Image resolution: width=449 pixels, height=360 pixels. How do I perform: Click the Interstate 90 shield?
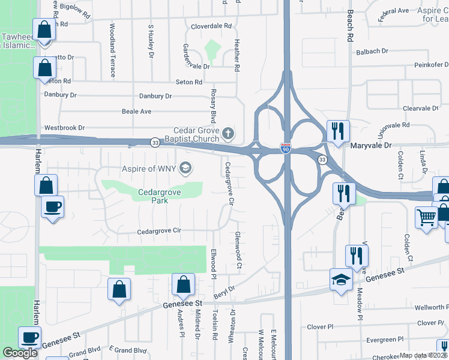tap(287, 148)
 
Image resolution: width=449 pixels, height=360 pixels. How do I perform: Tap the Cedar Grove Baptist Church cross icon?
tap(227, 132)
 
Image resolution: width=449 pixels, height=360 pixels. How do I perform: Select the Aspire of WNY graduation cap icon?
tap(186, 168)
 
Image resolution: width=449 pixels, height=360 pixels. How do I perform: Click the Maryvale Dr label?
tap(370, 145)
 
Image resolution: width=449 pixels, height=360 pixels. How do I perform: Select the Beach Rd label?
tap(350, 28)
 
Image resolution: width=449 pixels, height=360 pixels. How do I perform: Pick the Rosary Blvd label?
tap(212, 104)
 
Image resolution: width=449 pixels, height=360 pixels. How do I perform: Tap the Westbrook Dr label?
tap(64, 128)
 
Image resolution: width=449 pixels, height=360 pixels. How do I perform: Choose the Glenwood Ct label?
tap(238, 250)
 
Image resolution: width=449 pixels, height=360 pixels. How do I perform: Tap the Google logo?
tap(20, 352)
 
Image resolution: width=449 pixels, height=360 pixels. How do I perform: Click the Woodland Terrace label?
tap(112, 50)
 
